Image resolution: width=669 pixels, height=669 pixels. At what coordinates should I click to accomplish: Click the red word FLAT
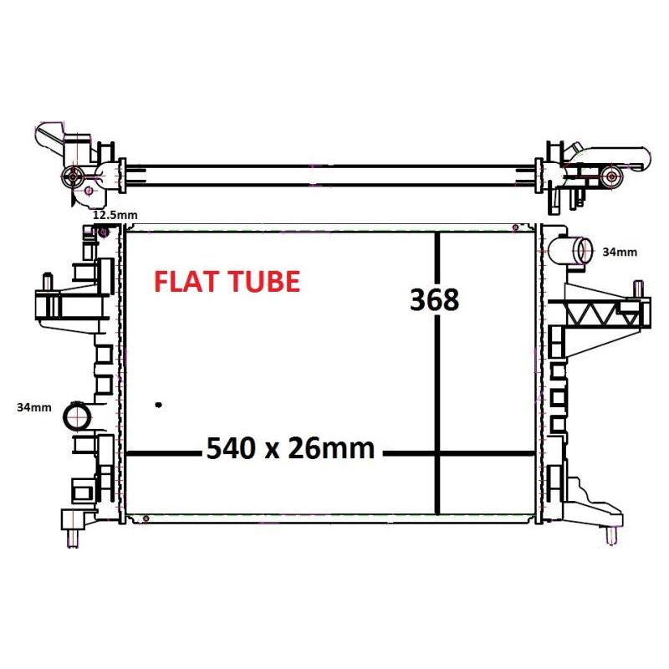point(184,282)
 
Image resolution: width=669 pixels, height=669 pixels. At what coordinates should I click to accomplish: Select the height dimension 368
point(434,299)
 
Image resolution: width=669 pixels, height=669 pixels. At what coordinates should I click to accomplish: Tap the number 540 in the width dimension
point(232,448)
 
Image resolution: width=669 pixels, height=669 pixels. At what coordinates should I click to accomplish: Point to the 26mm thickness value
point(331,448)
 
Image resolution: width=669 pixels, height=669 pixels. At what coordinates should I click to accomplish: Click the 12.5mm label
point(115,215)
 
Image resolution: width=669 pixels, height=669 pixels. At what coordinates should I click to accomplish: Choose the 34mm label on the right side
point(620,253)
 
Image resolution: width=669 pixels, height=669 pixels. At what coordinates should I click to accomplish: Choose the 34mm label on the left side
point(34,407)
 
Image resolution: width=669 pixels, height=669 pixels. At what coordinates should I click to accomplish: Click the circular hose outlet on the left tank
point(77,416)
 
